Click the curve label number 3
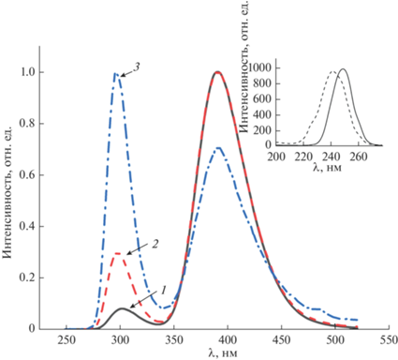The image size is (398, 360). point(137,67)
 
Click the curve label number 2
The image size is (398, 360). point(155,244)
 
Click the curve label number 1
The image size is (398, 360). point(163,292)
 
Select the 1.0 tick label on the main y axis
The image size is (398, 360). point(27,72)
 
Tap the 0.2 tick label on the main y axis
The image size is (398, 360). point(27,277)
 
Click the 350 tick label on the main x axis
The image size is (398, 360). point(174,339)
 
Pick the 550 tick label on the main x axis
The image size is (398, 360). point(389,339)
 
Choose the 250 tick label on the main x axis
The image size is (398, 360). point(66,339)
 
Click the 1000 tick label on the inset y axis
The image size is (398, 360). point(262,68)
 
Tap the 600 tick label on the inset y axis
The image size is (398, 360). point(265,99)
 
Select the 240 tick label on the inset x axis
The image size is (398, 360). point(332,157)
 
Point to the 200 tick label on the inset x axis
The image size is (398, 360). point(277,157)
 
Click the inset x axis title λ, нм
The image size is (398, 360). point(327,168)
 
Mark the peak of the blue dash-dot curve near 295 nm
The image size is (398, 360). point(115,74)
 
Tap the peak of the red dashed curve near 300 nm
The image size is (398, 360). point(118,253)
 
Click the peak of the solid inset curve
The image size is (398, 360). point(343,69)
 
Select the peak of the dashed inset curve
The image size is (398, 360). point(332,71)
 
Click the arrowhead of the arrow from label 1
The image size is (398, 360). point(131,307)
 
